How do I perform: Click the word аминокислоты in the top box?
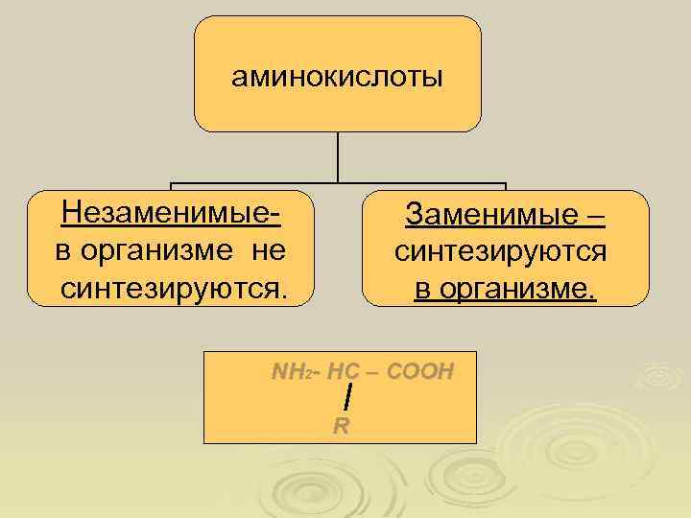click(x=337, y=77)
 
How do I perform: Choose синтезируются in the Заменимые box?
click(x=500, y=252)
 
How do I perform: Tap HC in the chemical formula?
click(x=343, y=372)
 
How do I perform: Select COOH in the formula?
click(x=417, y=372)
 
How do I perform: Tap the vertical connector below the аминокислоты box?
click(x=339, y=156)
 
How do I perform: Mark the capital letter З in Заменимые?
click(x=414, y=216)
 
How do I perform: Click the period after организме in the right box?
click(x=593, y=296)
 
